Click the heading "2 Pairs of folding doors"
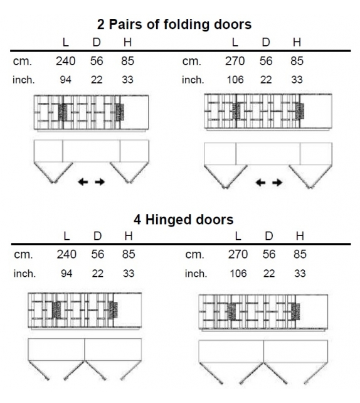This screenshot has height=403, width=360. point(174,24)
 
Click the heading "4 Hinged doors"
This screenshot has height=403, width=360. point(183,220)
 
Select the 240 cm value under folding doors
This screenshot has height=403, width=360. point(65,61)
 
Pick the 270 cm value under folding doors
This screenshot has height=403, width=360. point(235,61)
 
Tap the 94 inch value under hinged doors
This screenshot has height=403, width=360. point(66,274)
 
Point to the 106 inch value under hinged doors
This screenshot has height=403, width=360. point(238,274)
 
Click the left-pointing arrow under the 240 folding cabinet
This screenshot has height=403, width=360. point(83,182)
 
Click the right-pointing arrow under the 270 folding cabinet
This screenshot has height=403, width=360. point(277,183)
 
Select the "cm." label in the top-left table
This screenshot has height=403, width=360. point(23,62)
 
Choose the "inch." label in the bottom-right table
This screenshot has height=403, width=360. point(196,274)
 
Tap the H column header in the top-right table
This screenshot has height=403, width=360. point(297,42)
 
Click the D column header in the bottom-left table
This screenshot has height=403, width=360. point(97,235)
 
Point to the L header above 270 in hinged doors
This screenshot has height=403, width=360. point(238,235)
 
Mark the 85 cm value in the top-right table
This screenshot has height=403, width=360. point(297,61)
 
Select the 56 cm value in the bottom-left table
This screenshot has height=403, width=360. point(98,254)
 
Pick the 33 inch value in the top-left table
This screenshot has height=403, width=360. point(127,80)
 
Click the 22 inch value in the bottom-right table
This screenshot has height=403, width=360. point(269,274)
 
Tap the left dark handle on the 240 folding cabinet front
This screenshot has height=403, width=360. point(63,112)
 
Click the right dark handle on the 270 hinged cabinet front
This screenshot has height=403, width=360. point(295,311)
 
